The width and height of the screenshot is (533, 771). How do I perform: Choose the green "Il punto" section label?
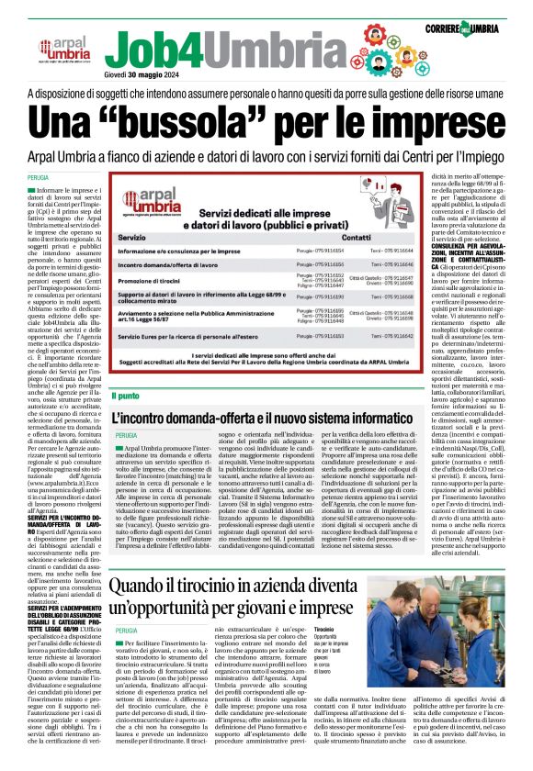click(125, 396)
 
